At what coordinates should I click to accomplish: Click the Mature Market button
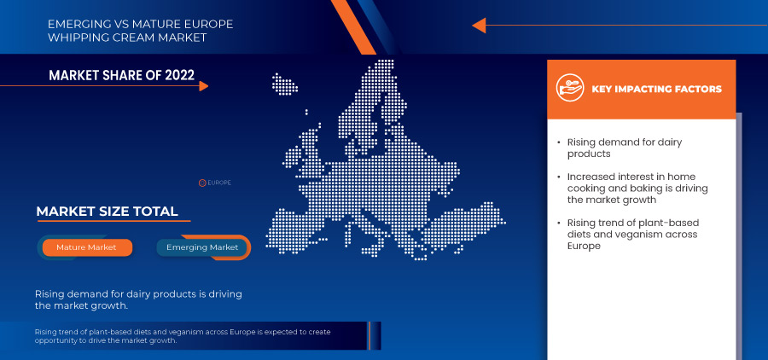tap(87, 247)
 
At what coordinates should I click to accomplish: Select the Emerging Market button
tap(202, 247)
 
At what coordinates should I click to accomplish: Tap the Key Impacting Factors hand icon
tap(570, 89)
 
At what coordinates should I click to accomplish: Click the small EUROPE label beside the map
tap(219, 183)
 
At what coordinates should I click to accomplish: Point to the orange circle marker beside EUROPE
tap(201, 183)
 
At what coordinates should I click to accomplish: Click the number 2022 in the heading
tap(180, 75)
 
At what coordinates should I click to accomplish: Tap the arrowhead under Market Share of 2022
tap(204, 86)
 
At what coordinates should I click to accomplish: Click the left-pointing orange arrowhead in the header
tap(479, 25)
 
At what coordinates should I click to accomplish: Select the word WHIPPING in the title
tap(77, 38)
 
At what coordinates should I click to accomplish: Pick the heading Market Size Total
tap(107, 212)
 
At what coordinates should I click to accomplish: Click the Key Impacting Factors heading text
tap(656, 89)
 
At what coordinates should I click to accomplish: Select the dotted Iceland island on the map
tap(284, 84)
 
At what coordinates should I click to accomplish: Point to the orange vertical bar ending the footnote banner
tap(369, 335)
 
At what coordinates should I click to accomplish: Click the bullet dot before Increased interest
tap(559, 177)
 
